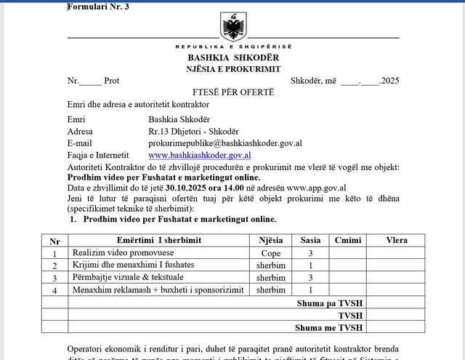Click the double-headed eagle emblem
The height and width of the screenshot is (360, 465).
233,29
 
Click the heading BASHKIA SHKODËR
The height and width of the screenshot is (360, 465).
233,57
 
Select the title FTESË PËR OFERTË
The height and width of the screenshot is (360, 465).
233,92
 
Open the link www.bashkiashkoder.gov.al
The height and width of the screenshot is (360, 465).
200,155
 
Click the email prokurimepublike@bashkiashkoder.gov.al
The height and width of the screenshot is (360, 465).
225,143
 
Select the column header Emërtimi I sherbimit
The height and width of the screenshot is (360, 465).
158,241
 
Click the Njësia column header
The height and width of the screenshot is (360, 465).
270,241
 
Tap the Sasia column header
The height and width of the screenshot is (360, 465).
310,241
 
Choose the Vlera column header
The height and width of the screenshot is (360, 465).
397,241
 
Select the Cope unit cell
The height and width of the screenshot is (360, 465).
270,253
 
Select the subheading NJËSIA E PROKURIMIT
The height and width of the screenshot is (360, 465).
233,68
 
